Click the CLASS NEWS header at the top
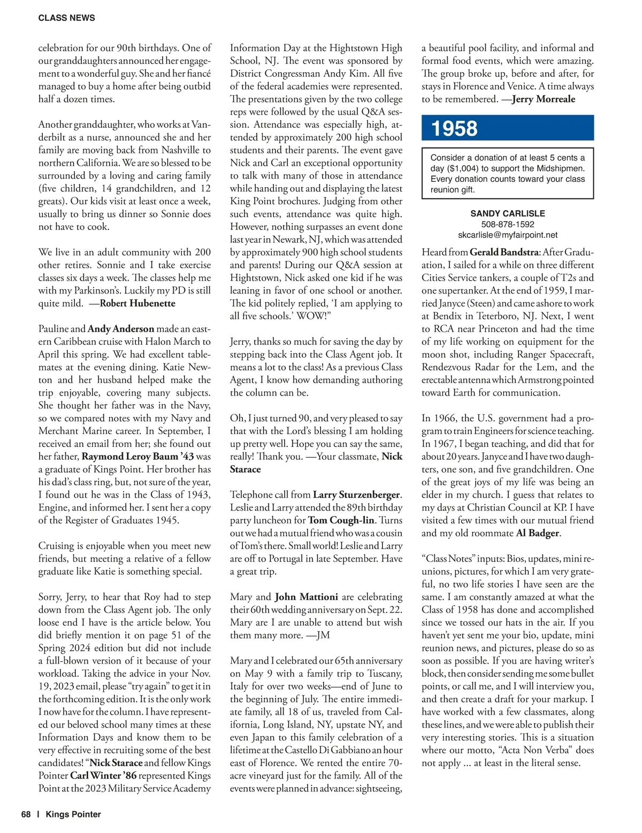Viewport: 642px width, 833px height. click(x=66, y=18)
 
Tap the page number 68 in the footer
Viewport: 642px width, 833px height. click(x=26, y=814)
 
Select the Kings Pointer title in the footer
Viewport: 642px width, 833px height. click(x=73, y=814)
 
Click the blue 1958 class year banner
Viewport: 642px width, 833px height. click(x=507, y=128)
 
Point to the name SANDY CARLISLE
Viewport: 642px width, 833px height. click(x=508, y=213)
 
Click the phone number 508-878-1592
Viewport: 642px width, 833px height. click(x=508, y=224)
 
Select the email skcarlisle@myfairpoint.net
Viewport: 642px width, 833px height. click(x=508, y=235)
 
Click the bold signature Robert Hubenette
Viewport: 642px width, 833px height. click(x=137, y=303)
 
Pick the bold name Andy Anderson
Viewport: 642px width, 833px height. click(x=121, y=329)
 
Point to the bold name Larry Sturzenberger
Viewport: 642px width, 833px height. click(x=356, y=495)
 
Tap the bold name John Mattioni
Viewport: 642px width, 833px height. click(x=307, y=597)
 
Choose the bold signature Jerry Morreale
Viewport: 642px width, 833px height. click(x=544, y=99)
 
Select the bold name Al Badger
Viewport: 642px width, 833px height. click(x=538, y=533)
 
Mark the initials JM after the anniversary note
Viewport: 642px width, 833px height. click(x=323, y=635)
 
